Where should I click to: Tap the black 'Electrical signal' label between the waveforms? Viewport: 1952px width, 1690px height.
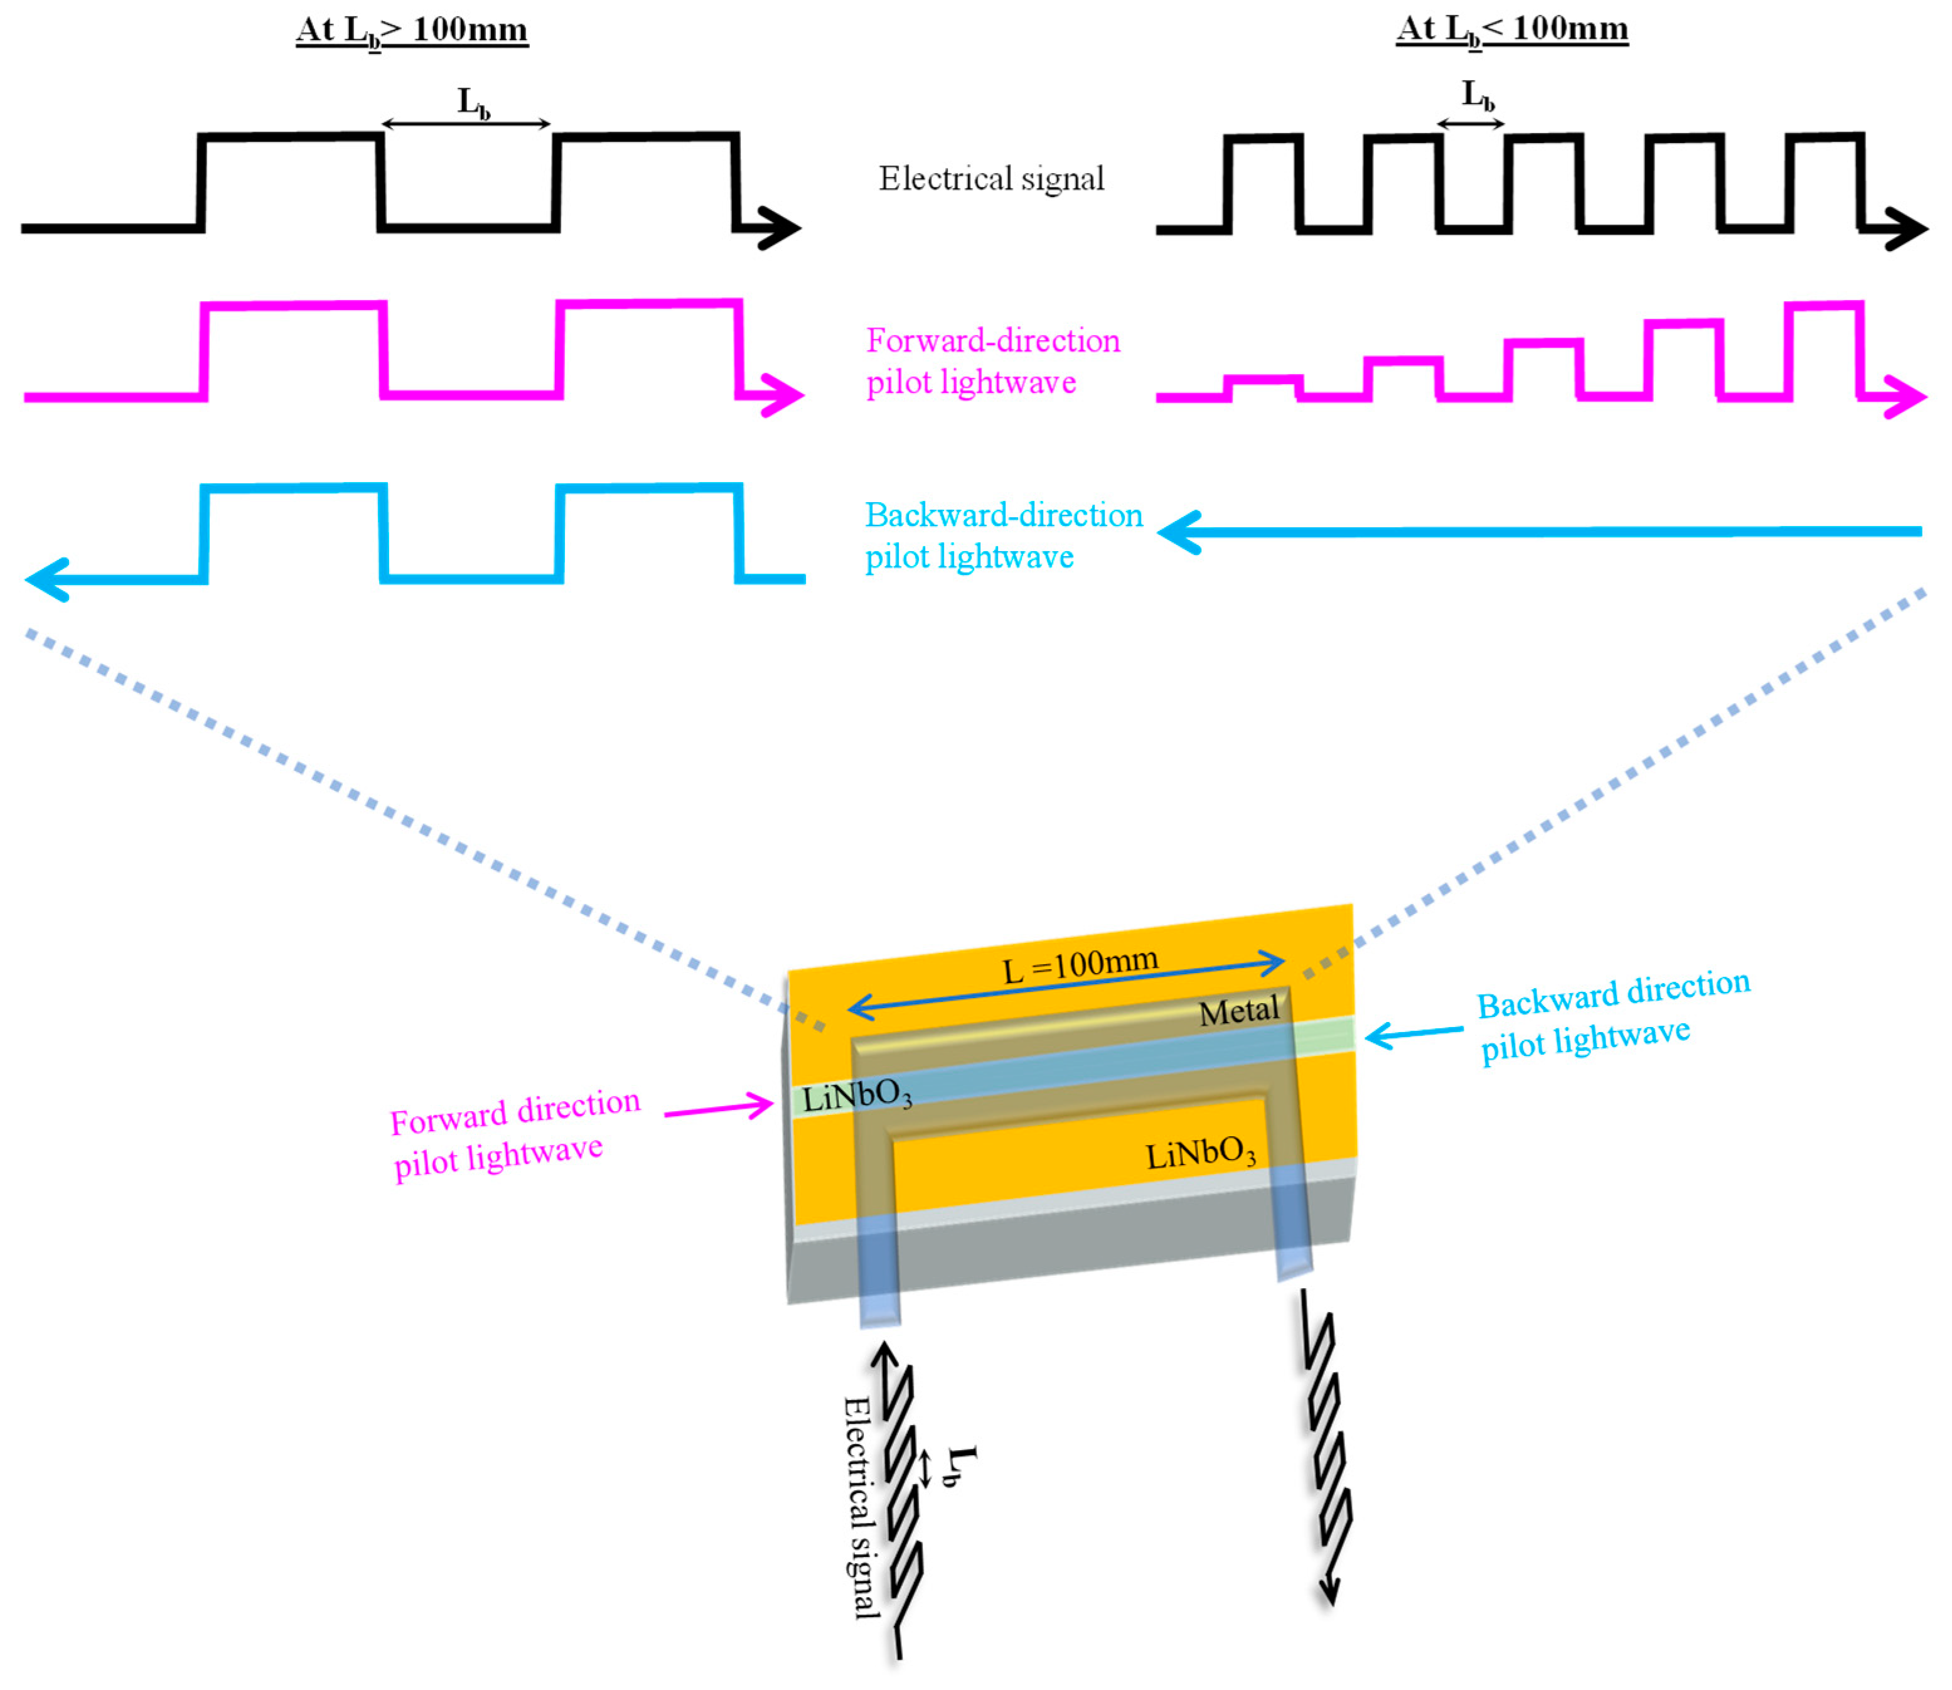[991, 178]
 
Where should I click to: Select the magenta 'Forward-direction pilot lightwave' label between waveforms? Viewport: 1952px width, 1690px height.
[992, 361]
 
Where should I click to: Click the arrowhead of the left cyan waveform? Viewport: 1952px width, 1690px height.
[45, 579]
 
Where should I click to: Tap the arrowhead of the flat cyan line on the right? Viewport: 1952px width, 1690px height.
[1179, 533]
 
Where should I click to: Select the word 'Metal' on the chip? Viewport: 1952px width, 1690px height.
[1238, 1011]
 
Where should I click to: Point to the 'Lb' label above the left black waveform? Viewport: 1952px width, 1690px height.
[473, 102]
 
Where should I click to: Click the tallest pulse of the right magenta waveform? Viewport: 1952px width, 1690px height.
[1824, 349]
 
